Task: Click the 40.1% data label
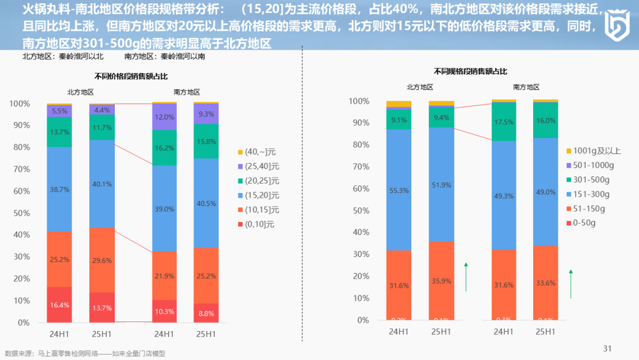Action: coord(102,184)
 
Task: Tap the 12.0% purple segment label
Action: coord(164,117)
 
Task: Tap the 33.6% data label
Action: coord(546,283)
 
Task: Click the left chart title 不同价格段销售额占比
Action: coord(131,76)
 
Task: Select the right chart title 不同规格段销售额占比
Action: coord(470,71)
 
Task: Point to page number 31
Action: coord(607,348)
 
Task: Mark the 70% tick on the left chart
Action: coord(20,169)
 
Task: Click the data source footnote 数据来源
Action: coord(85,353)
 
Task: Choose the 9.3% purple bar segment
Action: coord(206,114)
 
